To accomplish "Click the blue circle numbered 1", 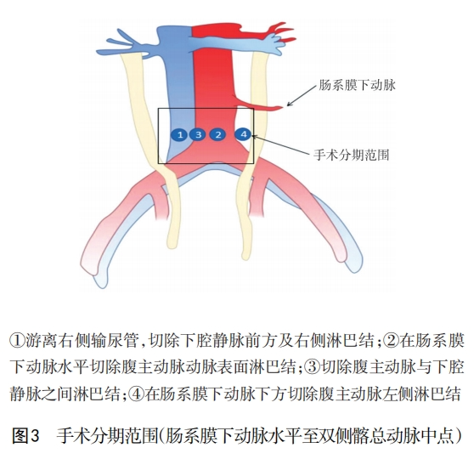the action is click(180, 134).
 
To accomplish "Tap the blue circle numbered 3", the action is click(198, 134).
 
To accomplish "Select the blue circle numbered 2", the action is click(218, 134).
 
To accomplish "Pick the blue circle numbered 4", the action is click(243, 134).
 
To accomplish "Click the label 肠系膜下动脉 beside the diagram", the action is click(357, 85).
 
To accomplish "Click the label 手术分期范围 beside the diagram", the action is click(352, 156).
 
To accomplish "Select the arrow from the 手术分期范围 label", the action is click(281, 144).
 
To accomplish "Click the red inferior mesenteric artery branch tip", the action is click(283, 107).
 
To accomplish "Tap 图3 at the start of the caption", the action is click(26, 436).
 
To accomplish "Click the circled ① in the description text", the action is click(18, 341).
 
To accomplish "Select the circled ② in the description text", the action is click(391, 341).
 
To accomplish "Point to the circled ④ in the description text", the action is click(137, 394).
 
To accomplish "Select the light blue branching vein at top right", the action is click(260, 44).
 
